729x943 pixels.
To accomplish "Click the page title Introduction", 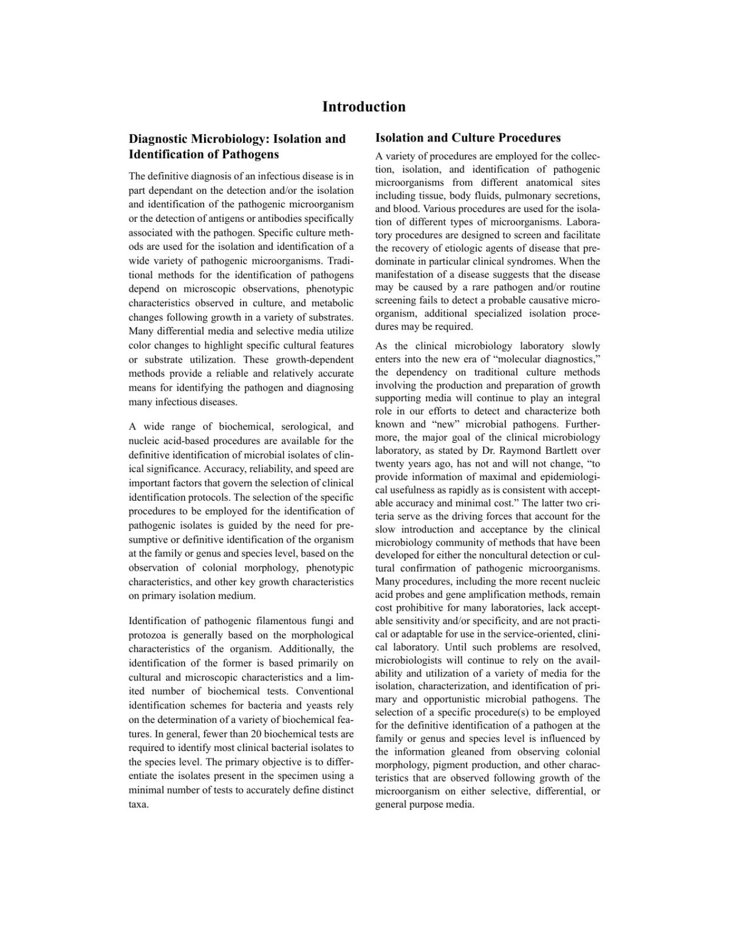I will pos(363,107).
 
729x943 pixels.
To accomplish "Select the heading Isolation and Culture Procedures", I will pos(468,138).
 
